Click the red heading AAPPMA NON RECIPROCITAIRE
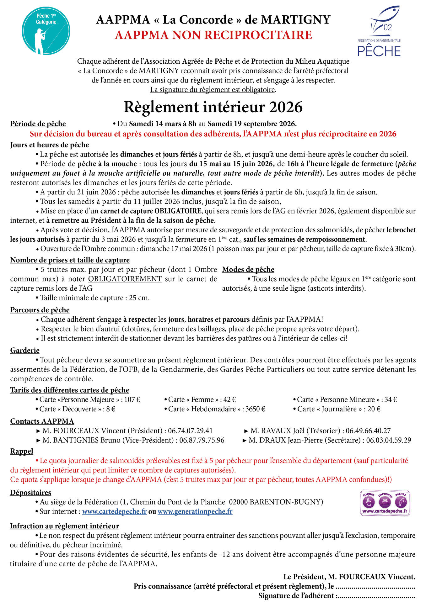[x=213, y=35]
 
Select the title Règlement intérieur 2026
[x=213, y=107]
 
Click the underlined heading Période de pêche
[x=38, y=124]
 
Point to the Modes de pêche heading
[x=248, y=270]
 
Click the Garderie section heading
[x=25, y=351]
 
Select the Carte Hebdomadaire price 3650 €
[x=255, y=409]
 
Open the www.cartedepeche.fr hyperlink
[x=114, y=511]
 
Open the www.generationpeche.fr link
[x=195, y=511]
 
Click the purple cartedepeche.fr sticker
[x=385, y=503]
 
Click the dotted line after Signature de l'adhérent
[x=377, y=596]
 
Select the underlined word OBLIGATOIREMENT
[x=125, y=279]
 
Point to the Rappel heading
[x=22, y=451]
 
